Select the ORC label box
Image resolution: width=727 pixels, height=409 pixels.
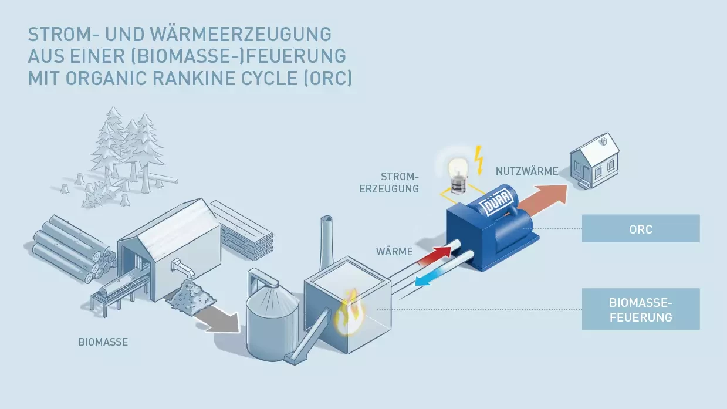point(640,228)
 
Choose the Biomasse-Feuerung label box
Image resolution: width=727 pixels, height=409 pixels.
point(640,309)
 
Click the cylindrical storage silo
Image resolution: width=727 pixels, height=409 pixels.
point(269,320)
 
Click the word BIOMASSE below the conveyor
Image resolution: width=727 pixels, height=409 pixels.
point(103,342)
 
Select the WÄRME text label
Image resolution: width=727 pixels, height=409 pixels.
point(394,252)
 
